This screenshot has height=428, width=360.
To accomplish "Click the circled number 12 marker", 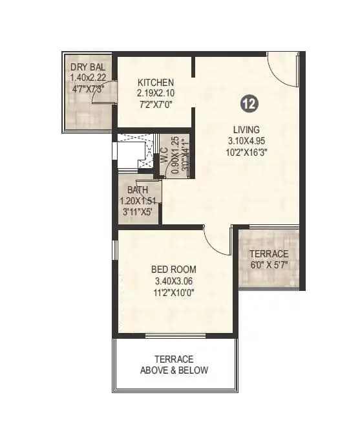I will [247, 103].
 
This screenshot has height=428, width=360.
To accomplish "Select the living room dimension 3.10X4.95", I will [247, 140].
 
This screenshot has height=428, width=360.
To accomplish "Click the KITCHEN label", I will [156, 83].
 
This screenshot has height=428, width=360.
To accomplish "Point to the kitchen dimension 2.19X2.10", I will [156, 93].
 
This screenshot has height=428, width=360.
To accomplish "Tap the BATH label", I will [137, 190].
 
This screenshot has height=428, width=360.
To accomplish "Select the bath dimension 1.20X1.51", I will [138, 200].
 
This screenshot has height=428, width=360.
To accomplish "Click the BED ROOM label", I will [174, 270].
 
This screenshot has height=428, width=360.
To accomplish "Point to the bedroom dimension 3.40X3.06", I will [175, 281].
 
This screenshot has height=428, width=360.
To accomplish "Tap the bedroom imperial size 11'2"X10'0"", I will [175, 292].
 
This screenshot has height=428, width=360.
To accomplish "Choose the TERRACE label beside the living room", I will [268, 253].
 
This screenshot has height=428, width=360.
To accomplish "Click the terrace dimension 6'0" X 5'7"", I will [269, 264].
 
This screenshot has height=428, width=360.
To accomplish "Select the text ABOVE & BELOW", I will [175, 370].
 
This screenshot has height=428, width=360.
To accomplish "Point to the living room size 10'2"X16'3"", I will [247, 152].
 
